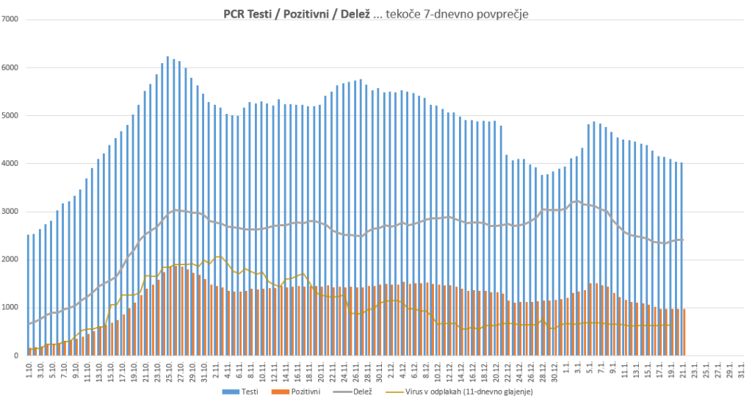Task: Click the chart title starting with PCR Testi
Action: click(376, 13)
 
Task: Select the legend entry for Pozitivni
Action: click(304, 392)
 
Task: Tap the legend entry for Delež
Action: click(361, 392)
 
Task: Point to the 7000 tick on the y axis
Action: click(11, 20)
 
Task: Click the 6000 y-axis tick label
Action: click(11, 68)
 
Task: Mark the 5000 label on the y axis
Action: click(11, 116)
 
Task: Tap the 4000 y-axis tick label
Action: click(11, 164)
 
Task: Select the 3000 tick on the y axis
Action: click(11, 212)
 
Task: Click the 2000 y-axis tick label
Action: click(11, 260)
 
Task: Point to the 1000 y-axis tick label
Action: click(11, 308)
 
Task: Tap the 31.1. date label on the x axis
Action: click(742, 368)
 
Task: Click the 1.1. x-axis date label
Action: click(567, 368)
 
